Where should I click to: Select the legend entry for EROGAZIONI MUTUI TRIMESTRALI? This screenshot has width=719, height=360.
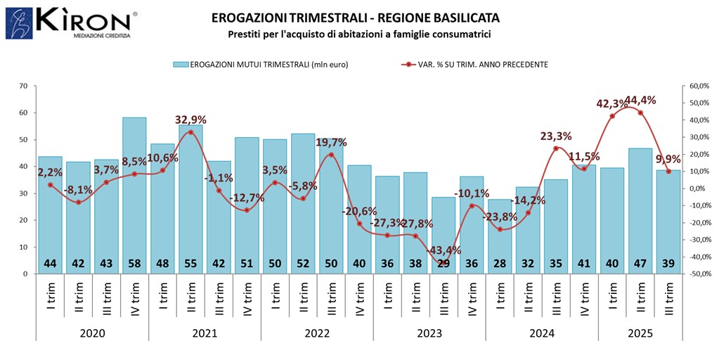coord(261,64)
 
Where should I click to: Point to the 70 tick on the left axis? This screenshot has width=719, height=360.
coord(23,86)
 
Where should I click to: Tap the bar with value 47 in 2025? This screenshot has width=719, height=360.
coord(640,210)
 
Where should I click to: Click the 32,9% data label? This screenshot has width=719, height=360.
coord(191,120)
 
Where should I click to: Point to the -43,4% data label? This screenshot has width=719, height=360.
coord(443,250)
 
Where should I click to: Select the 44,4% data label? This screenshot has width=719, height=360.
coord(640,101)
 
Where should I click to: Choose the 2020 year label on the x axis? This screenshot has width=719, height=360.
coord(92,333)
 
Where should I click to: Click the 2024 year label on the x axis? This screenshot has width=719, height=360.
coord(542,333)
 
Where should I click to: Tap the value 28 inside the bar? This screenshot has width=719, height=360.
coord(500,263)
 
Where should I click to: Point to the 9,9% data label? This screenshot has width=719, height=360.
coord(668,159)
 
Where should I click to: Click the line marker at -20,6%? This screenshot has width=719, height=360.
coord(359,224)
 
